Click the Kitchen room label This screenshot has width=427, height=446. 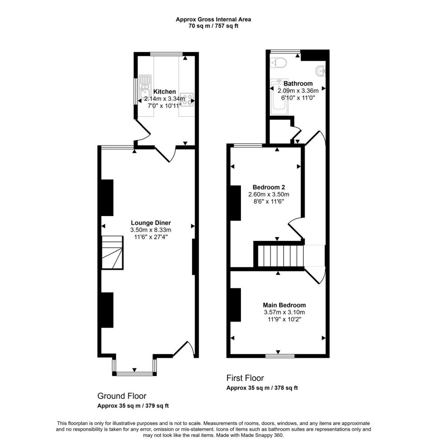point(165,92)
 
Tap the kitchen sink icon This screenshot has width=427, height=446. point(144,88)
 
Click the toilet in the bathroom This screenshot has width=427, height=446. point(278,63)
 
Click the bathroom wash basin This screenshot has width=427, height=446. point(321,70)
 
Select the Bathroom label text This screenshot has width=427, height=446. point(298,84)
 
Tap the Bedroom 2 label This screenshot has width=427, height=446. point(269,187)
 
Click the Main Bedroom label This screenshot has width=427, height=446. point(284,305)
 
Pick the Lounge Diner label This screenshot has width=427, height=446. point(151,223)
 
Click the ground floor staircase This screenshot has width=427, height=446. point(112,253)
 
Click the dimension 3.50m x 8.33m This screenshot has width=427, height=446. point(151,230)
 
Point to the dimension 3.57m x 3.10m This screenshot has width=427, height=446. point(284,312)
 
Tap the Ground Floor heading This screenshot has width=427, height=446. point(122,396)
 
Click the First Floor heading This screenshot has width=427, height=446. point(245,378)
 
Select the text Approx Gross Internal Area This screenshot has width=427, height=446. point(213,19)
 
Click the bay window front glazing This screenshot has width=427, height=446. point(134,373)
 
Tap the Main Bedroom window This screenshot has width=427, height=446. point(278,356)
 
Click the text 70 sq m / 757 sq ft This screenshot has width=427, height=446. point(213,26)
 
